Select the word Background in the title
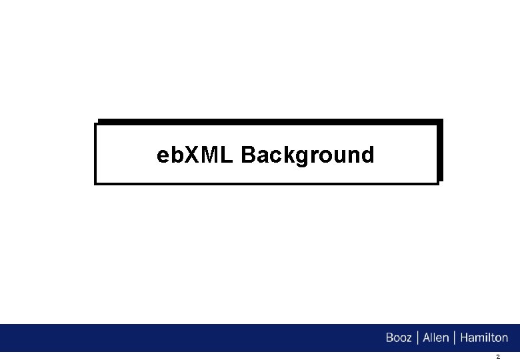click(x=307, y=156)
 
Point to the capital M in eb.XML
click(x=210, y=155)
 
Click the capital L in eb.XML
click(x=227, y=155)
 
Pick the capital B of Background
click(x=249, y=155)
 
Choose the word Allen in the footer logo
click(x=436, y=338)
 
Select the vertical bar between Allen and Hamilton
click(x=455, y=338)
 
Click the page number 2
click(x=497, y=357)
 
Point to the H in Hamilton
click(x=464, y=338)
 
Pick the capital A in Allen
click(x=427, y=338)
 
